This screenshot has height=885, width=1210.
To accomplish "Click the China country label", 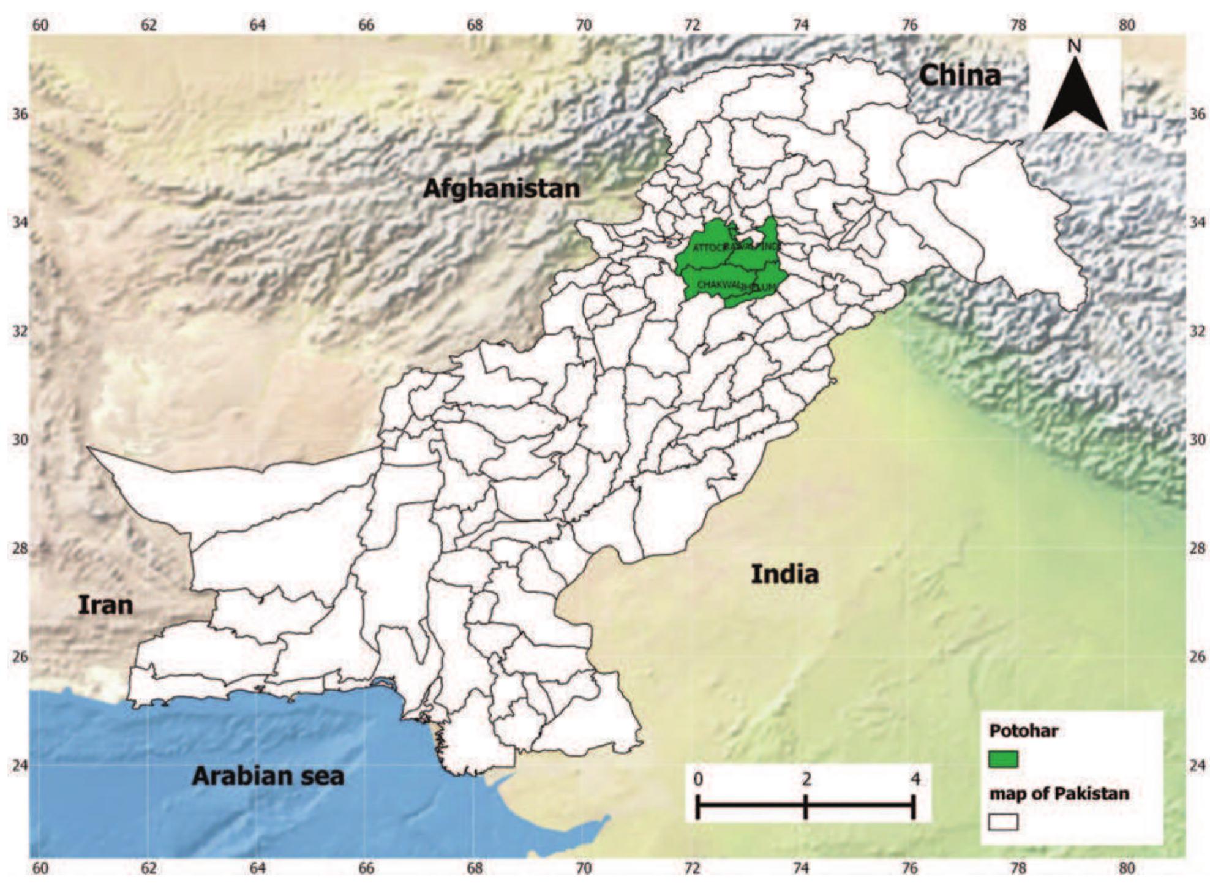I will click(960, 76).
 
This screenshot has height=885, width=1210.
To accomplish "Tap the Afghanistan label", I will click(501, 188).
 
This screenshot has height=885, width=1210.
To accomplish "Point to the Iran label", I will click(105, 605).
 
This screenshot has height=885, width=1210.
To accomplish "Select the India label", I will click(784, 574).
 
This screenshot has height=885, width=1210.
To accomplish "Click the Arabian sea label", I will click(268, 776).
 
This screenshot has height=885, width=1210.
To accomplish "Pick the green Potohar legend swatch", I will click(1003, 759).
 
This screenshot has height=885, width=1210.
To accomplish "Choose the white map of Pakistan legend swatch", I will click(1003, 822).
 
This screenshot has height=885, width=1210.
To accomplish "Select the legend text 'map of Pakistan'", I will click(1059, 794).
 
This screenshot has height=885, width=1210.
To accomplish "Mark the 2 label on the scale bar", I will click(806, 779).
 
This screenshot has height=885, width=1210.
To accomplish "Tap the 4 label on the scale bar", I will click(915, 779).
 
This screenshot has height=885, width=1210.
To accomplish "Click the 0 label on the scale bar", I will click(698, 779).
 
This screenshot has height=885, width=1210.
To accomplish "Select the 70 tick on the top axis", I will click(584, 25).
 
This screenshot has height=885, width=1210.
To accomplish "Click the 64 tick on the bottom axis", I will click(258, 868).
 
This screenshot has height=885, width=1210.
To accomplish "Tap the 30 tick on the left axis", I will click(21, 440).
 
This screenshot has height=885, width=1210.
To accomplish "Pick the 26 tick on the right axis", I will click(1197, 657).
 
